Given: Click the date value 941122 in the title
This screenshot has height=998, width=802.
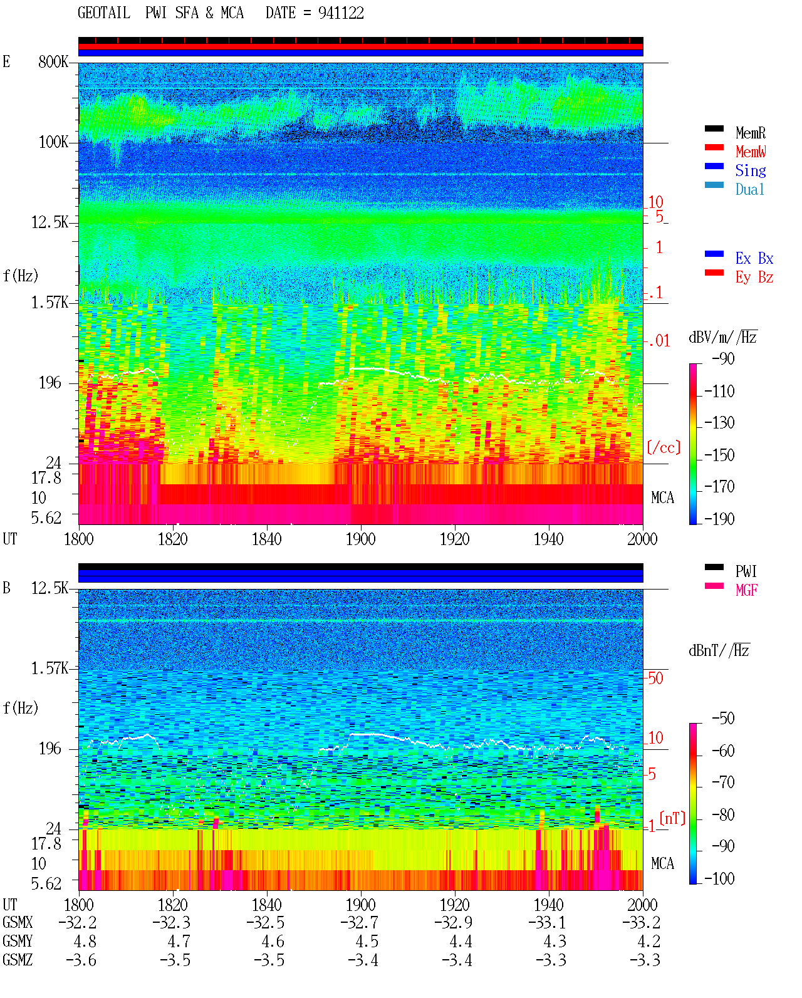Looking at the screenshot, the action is (341, 13).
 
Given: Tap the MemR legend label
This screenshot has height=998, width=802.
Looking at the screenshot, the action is (750, 133).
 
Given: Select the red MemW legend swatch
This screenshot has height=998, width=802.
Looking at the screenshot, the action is (714, 147).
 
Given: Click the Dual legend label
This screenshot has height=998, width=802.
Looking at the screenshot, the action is (749, 189).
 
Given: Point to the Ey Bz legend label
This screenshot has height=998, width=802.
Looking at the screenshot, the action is (754, 277).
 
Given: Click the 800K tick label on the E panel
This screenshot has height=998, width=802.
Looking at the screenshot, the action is (53, 61).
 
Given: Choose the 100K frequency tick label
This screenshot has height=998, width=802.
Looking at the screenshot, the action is (53, 142).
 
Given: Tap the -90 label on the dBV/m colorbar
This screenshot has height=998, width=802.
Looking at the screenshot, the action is (723, 358).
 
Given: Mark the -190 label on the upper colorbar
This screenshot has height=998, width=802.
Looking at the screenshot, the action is (719, 519).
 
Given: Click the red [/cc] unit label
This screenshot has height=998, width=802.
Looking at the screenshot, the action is (664, 447).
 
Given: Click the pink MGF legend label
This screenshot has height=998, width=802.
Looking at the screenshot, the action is (746, 590).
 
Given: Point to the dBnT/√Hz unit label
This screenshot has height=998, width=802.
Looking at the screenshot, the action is (719, 650).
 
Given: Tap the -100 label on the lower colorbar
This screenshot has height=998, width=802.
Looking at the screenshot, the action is (719, 878).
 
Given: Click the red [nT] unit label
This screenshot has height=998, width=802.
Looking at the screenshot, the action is (672, 818).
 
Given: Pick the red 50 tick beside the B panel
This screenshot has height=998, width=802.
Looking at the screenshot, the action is (655, 678).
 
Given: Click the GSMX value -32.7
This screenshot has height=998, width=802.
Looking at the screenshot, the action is (360, 922).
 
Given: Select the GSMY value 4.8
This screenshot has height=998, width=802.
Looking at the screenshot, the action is (85, 941).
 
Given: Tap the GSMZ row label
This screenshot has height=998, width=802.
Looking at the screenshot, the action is (18, 960).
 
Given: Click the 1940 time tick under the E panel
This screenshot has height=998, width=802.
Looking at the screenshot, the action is (549, 539).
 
